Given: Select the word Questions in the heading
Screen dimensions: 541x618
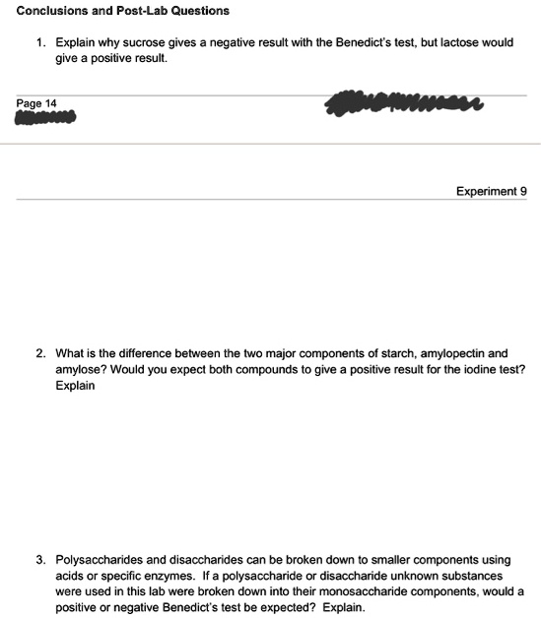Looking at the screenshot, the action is (196, 11).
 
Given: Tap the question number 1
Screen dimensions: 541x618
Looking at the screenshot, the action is (40, 44).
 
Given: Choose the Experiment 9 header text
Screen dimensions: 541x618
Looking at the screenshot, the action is (491, 191).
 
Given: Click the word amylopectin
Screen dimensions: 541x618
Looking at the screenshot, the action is (433, 352).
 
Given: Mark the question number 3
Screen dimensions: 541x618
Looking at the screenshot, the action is (40, 558).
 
